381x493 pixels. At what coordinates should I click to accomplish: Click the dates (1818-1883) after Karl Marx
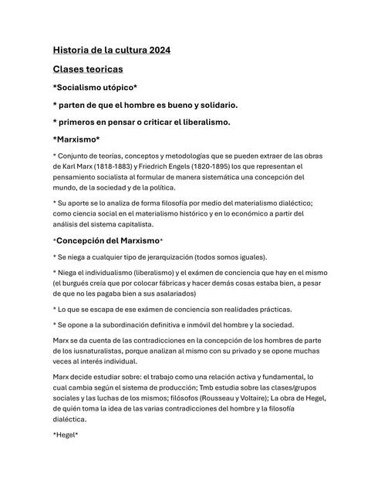(x=113, y=166)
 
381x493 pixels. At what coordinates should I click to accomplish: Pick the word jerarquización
(x=174, y=257)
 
